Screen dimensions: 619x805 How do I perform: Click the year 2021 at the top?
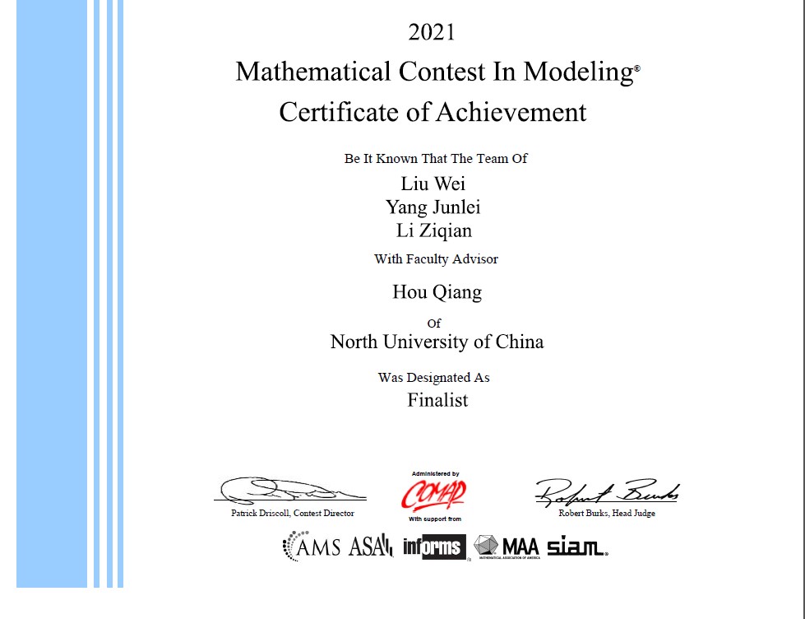point(432,33)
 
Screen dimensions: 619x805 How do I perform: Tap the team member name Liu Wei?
point(433,183)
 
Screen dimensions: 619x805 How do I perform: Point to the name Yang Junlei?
point(433,207)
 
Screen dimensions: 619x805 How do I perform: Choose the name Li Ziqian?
point(433,230)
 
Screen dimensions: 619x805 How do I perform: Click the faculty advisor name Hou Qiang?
point(437,291)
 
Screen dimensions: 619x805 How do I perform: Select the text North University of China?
point(437,342)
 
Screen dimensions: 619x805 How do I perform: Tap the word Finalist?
point(437,401)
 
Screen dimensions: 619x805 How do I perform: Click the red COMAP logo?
point(433,495)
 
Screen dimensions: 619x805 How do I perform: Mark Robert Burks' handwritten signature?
point(607,491)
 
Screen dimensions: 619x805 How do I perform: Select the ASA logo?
point(371,546)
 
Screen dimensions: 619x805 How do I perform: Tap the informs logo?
point(434,547)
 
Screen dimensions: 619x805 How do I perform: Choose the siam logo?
point(576,546)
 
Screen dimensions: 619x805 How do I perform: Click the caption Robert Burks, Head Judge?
point(607,514)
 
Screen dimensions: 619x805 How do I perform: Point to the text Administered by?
point(435,473)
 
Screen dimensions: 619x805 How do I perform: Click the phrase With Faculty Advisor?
point(436,259)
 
